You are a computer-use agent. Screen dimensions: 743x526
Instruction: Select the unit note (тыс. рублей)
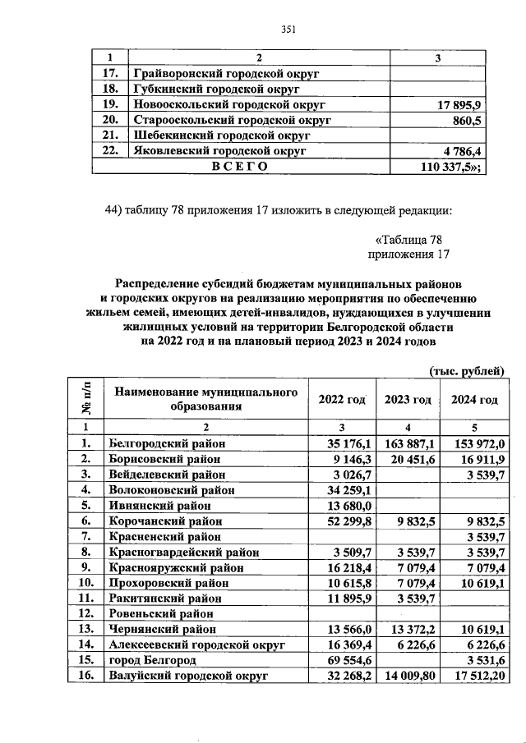pyautogui.click(x=466, y=371)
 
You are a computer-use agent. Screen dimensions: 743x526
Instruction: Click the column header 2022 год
pyautogui.click(x=341, y=400)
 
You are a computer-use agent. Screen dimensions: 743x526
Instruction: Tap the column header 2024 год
pyautogui.click(x=475, y=400)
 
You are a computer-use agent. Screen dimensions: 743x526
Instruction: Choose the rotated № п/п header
pyautogui.click(x=85, y=400)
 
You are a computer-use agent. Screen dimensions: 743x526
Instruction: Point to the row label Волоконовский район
pyautogui.click(x=172, y=490)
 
